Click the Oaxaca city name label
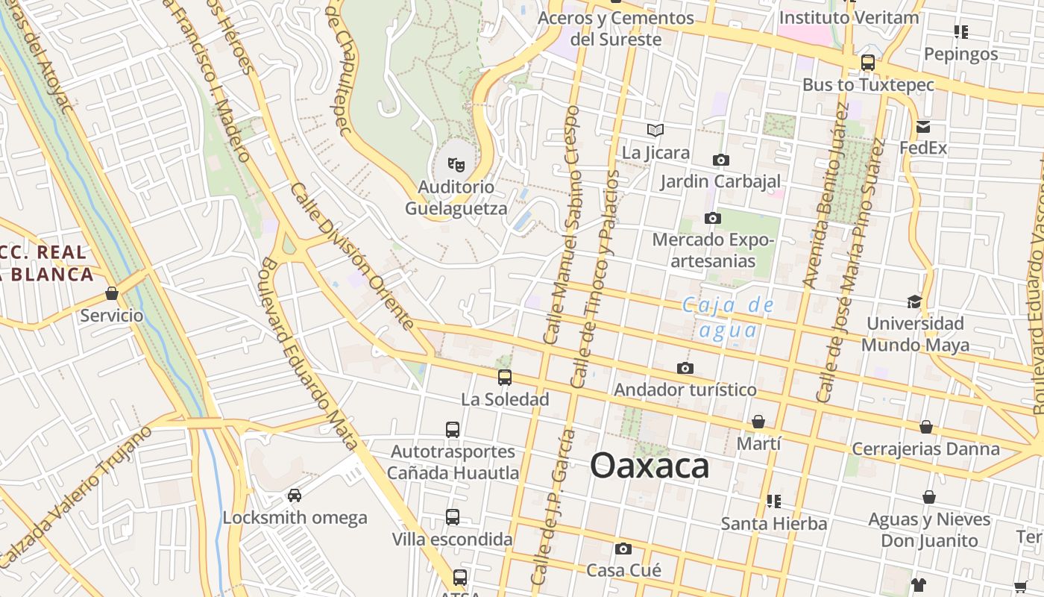pos(650,466)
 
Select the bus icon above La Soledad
pos(505,378)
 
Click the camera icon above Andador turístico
pos(685,368)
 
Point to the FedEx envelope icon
pos(923,126)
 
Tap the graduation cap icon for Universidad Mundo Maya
pos(914,301)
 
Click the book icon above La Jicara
pos(655,131)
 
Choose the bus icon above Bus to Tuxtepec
pos(868,63)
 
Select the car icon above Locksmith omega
pos(295,496)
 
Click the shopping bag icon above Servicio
pos(112,293)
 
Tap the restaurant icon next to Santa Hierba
pos(773,501)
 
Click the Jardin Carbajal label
pos(720,181)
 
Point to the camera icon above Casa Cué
pos(623,549)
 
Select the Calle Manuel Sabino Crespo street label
pos(562,224)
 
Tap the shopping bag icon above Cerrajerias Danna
pos(925,427)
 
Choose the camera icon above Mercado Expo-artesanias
pos(713,219)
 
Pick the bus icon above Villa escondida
pos(453,517)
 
